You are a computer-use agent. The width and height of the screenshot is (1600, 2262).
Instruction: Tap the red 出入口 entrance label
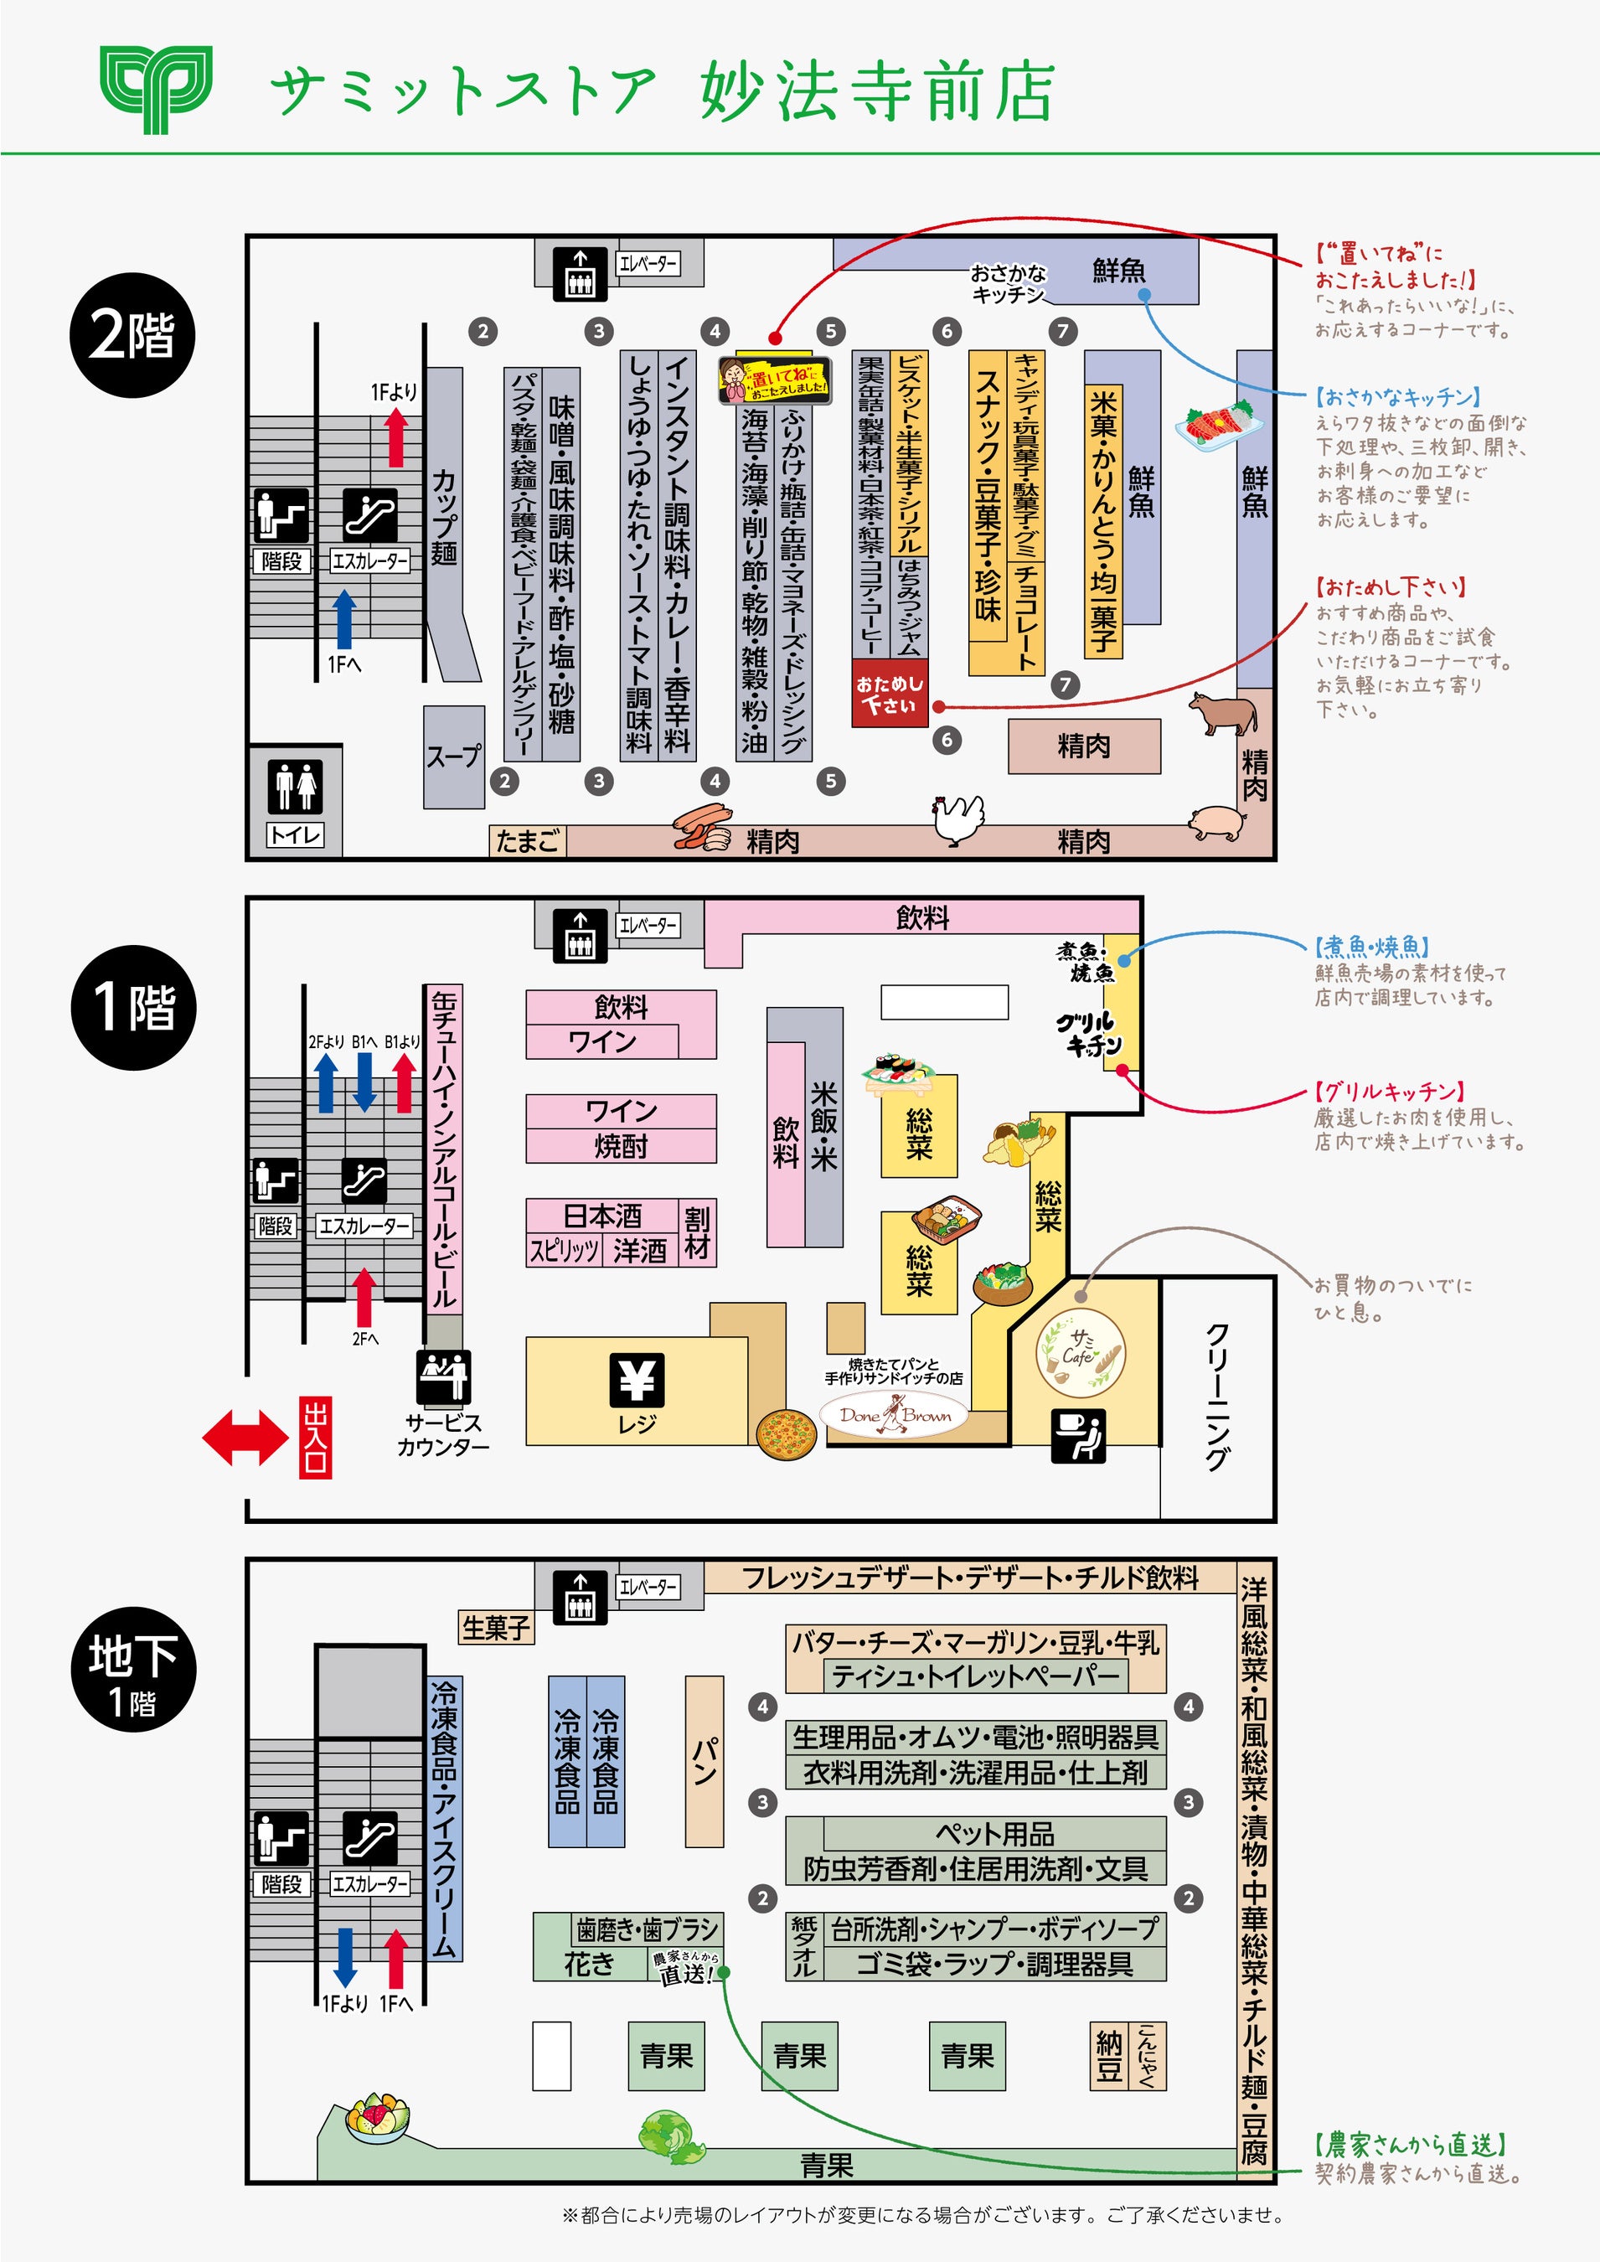pyautogui.click(x=315, y=1438)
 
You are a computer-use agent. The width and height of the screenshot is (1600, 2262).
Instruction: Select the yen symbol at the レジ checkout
pyautogui.click(x=637, y=1378)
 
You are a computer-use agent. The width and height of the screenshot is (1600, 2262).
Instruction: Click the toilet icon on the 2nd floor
pyautogui.click(x=296, y=786)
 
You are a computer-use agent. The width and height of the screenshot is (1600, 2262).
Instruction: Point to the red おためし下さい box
pyautogui.click(x=890, y=694)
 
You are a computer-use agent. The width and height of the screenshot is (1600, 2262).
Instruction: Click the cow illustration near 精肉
pyautogui.click(x=1221, y=712)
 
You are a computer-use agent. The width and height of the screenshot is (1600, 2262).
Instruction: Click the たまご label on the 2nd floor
pyautogui.click(x=527, y=840)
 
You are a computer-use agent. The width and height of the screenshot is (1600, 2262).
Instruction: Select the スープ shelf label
pyautogui.click(x=454, y=756)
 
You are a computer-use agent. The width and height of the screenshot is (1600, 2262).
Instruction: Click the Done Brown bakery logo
pyautogui.click(x=895, y=1417)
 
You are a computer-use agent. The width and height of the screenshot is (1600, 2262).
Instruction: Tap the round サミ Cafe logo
pyautogui.click(x=1081, y=1351)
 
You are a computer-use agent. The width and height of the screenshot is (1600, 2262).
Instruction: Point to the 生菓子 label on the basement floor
pyautogui.click(x=497, y=1628)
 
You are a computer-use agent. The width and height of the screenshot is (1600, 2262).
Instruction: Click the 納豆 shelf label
pyautogui.click(x=1109, y=2056)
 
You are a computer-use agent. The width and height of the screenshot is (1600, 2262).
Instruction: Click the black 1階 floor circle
pyautogui.click(x=133, y=1007)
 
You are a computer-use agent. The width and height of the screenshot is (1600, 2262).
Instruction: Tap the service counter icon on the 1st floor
pyautogui.click(x=443, y=1376)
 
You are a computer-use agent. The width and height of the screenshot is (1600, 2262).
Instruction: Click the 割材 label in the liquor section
pyautogui.click(x=698, y=1232)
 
